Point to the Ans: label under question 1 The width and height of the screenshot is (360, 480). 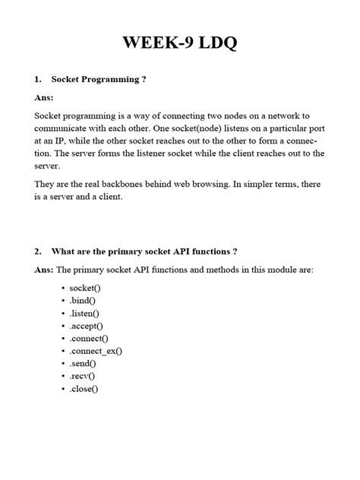pyautogui.click(x=45, y=97)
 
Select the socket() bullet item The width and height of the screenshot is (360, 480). pyautogui.click(x=85, y=289)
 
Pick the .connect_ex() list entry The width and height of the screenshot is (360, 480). pyautogui.click(x=96, y=351)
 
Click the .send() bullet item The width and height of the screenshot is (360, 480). pyautogui.click(x=84, y=364)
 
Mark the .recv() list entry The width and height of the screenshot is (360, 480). pyautogui.click(x=83, y=376)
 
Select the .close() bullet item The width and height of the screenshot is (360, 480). pyautogui.click(x=84, y=388)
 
